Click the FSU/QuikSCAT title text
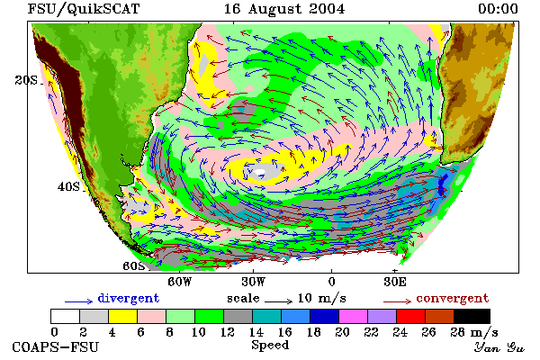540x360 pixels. [84, 9]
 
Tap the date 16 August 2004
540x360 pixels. [284, 9]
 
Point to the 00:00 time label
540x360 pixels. [498, 9]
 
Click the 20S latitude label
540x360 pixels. [26, 80]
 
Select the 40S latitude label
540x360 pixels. [68, 186]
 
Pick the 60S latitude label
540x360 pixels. [134, 266]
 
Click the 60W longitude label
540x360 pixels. [179, 282]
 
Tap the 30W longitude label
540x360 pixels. [254, 282]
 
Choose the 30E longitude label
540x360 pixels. [395, 282]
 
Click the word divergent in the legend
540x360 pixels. [129, 298]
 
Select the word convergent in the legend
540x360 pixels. [453, 298]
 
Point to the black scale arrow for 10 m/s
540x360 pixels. [279, 301]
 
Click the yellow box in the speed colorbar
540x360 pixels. [122, 316]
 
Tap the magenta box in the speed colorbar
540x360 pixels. [353, 316]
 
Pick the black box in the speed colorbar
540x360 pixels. [472, 316]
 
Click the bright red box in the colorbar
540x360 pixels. [410, 316]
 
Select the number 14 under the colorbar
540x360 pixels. [256, 332]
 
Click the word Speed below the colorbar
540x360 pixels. [270, 345]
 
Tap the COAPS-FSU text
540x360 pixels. [56, 346]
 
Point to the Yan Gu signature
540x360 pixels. [499, 347]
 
